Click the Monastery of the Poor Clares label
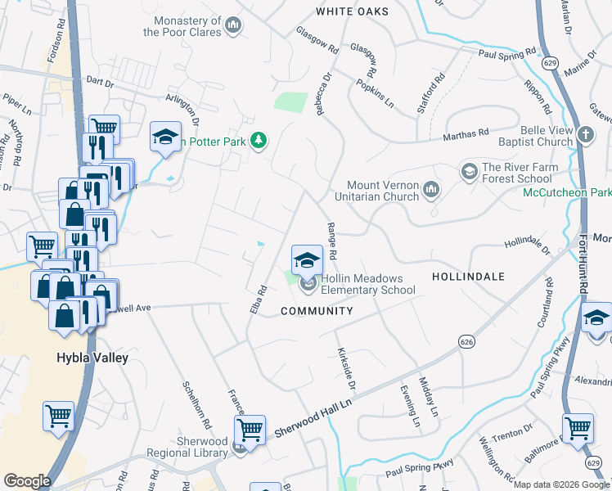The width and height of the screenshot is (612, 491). [182, 26]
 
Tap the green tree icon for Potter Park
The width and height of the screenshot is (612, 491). [259, 142]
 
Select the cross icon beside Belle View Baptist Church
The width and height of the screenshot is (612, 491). [585, 135]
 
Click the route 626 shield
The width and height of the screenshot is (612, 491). [466, 341]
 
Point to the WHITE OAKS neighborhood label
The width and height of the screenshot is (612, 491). [348, 11]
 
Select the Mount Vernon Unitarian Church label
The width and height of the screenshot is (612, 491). [381, 191]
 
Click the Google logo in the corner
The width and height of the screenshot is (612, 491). [28, 480]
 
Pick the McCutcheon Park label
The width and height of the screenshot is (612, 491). [567, 192]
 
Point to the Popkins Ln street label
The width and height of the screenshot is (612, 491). [375, 93]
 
